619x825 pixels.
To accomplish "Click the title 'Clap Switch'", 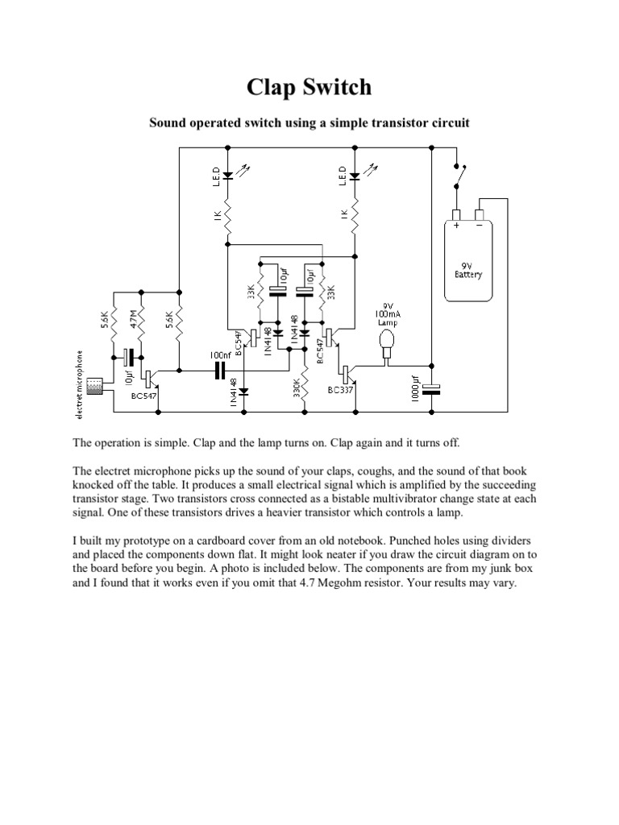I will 309,87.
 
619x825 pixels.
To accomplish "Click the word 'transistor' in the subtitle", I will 376,123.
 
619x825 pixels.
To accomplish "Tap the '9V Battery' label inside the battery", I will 468,269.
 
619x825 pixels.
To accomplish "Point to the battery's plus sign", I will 456,226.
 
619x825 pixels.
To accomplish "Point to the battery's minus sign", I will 481,226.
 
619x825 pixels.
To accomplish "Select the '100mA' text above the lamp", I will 388,313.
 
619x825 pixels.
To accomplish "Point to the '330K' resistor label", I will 296,388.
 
